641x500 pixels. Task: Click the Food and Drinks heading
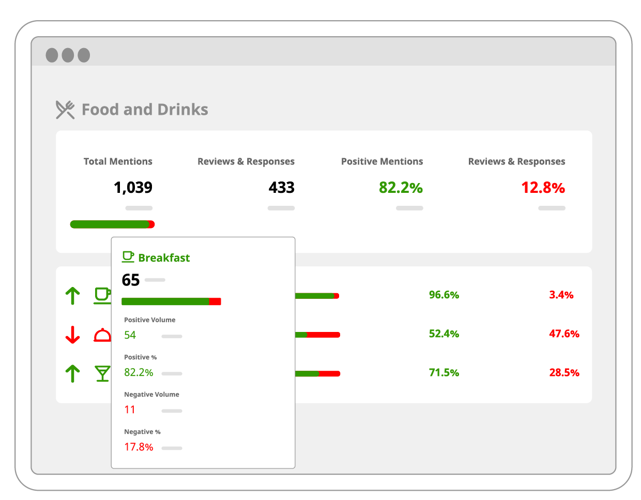145,110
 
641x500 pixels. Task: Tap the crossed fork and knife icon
65,110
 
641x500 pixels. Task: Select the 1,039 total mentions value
133,187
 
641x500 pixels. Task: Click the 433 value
281,187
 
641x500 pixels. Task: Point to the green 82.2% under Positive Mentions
401,187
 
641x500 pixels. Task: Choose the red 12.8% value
543,187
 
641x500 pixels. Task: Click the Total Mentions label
118,161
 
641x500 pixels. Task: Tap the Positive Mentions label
382,161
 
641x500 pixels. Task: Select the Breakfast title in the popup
164,257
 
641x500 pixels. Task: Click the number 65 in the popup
131,280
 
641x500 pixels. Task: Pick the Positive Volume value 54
130,335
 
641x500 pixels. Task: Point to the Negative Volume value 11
130,410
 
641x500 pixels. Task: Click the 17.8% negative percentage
139,447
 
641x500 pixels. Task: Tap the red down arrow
73,335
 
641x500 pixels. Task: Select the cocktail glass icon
102,373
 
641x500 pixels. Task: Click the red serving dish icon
102,335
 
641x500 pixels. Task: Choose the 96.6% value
444,295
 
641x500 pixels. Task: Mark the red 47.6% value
564,334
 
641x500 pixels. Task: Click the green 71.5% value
444,372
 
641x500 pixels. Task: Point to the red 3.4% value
561,295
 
